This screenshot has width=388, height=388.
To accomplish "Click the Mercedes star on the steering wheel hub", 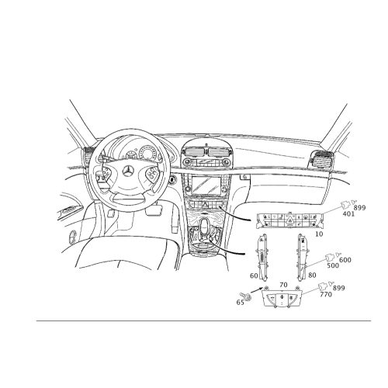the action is coord(129,171).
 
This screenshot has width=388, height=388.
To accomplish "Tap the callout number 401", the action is coord(348,214).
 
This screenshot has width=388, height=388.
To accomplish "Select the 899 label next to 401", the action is coord(359,208).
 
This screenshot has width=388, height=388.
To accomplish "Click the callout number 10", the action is coord(320,234).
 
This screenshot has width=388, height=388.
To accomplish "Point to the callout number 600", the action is coord(345,260).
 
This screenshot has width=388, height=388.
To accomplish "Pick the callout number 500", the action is coord(333,265).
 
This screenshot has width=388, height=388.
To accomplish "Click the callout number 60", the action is coord(254,275).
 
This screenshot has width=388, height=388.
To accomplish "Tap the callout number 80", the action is coord(312,275).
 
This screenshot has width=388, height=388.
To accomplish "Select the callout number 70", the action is coord(283,285).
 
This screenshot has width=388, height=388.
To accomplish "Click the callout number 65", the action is coord(241,302).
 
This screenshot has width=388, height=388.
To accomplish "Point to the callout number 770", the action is coord(326,294).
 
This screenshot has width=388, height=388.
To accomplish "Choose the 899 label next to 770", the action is coord(339,288).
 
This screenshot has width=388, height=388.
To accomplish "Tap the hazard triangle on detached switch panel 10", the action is coord(289,220).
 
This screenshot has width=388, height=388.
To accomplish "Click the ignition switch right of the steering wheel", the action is coord(172,179).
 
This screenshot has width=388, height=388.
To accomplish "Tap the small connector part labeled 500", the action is coord(329,258).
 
